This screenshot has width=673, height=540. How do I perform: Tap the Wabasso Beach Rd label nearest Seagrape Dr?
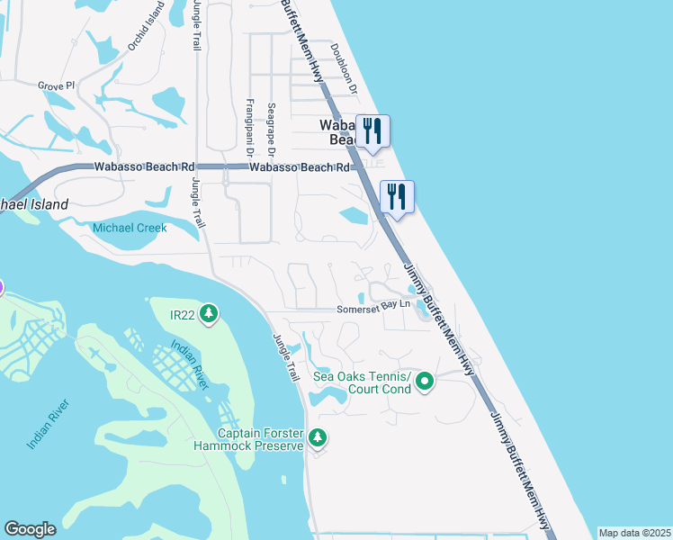(x=299, y=167)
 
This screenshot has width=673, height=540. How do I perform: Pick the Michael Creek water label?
(x=130, y=229)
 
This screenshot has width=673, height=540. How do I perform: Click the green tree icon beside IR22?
(x=209, y=313)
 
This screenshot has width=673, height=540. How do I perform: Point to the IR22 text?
(x=183, y=313)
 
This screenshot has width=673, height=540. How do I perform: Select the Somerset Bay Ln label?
(x=373, y=306)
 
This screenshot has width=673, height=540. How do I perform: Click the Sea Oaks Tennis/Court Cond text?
(x=362, y=382)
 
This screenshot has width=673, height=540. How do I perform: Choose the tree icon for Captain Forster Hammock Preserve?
(x=317, y=437)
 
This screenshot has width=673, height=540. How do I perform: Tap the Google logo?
(x=30, y=529)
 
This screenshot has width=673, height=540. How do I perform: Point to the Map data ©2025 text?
(x=634, y=533)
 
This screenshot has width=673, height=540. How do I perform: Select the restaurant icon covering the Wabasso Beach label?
(x=372, y=130)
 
